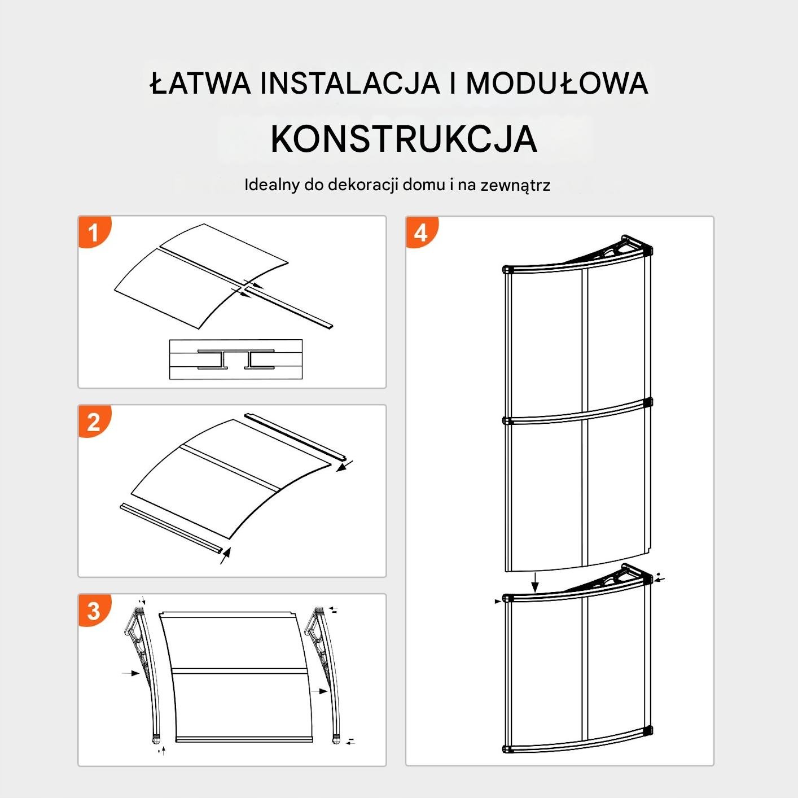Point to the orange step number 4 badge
coord(421,231)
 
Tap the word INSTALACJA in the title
coord(350,83)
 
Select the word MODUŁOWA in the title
coord(557,83)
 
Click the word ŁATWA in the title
coord(200,83)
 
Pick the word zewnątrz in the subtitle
coord(515,185)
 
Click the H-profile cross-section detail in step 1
coord(236,359)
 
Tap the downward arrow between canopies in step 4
coord(535,582)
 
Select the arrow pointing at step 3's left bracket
coord(131,673)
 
